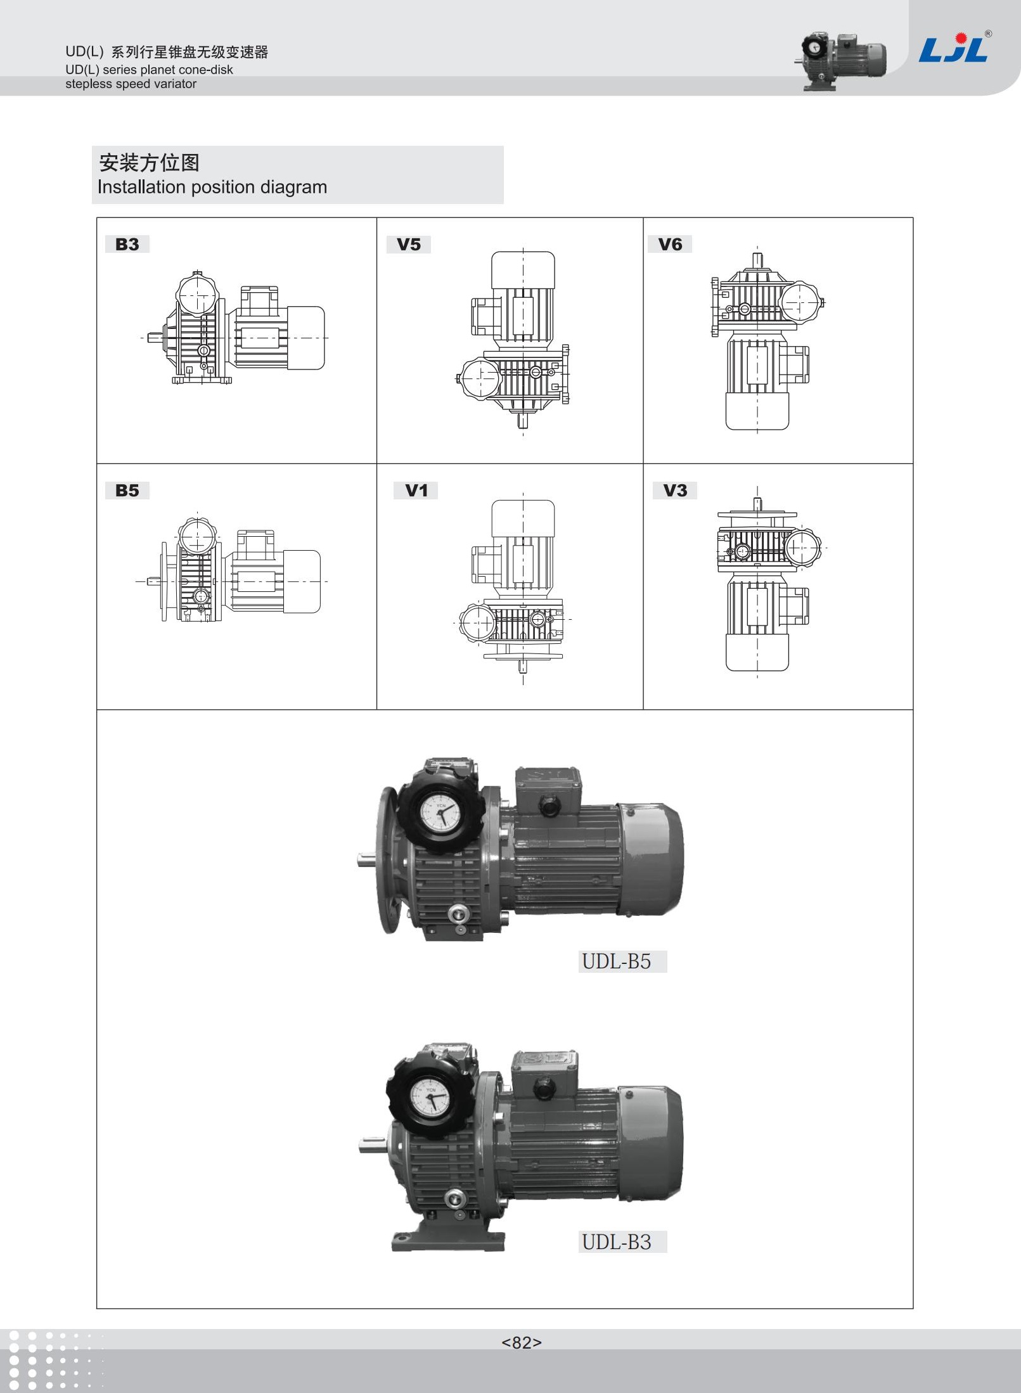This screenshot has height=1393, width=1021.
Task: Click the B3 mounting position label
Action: coord(127,244)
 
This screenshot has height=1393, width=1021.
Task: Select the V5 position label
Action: coord(409,245)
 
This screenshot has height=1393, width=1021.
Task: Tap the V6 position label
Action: coord(670,244)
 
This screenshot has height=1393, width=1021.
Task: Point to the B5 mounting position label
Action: coord(127,490)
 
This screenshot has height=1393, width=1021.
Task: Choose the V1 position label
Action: coord(416,490)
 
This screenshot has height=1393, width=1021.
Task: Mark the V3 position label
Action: coord(675,490)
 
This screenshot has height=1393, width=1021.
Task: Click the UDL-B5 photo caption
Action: coord(617,961)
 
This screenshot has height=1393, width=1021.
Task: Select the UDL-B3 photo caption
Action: coord(617,1242)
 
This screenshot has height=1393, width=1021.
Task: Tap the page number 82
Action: coord(522,1342)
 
